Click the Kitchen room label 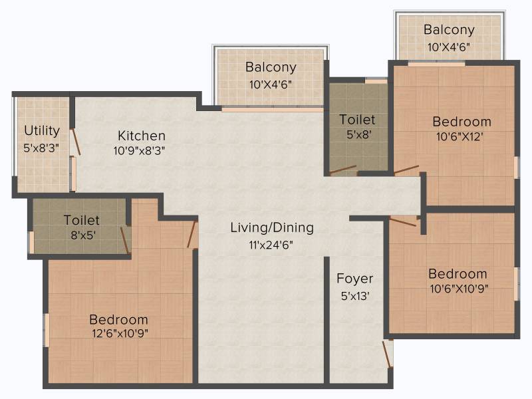(x=142, y=136)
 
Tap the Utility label (x=42, y=131)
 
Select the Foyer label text (x=355, y=279)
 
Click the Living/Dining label (x=272, y=227)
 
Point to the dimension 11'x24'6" (x=271, y=245)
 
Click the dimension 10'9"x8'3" (x=139, y=150)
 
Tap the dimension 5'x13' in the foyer (x=355, y=296)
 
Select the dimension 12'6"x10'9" (x=120, y=334)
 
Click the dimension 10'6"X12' (x=460, y=136)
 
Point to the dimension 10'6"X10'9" (x=459, y=289)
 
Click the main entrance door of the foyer (x=388, y=354)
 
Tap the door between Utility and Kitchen (x=76, y=142)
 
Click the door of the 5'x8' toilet (x=342, y=170)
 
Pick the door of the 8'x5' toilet (x=124, y=240)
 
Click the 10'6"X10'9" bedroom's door (x=403, y=222)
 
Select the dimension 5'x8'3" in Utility (x=41, y=148)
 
